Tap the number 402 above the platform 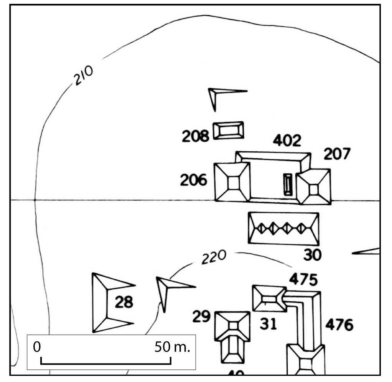[287, 141]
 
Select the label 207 [337, 154]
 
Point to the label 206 [194, 180]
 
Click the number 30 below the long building [312, 255]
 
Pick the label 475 [303, 279]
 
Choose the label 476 [339, 325]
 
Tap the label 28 [124, 303]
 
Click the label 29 [202, 316]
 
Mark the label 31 [268, 324]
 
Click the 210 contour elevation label [83, 76]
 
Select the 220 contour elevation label [213, 258]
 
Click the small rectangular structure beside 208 [228, 130]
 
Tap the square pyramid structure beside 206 [232, 182]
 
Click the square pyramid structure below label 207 [314, 187]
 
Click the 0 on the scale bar [37, 347]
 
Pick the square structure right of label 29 [232, 326]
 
